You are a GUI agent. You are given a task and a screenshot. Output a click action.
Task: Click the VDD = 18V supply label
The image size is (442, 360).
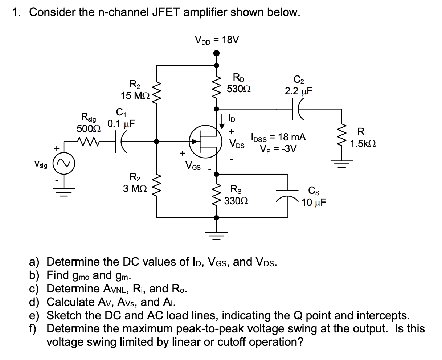point(217,40)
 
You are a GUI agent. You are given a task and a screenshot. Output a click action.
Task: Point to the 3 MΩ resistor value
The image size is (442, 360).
point(134,188)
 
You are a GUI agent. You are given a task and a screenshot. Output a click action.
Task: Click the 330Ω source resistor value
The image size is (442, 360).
point(236,200)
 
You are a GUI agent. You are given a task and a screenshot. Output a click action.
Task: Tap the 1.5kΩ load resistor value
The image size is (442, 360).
point(363,143)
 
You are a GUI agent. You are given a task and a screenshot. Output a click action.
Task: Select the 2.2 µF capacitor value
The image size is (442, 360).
point(298,91)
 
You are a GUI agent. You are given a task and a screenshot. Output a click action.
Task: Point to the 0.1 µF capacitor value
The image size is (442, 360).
point(121,123)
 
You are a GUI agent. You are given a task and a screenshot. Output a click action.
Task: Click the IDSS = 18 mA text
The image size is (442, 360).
point(278,137)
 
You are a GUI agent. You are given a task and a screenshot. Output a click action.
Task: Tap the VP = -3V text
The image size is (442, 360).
point(278,148)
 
